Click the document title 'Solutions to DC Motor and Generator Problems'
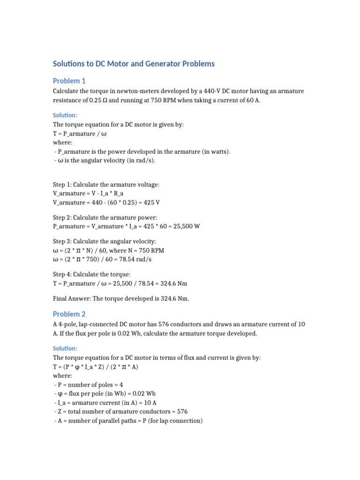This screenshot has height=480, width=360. [x=134, y=63]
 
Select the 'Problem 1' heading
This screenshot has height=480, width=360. [x=69, y=81]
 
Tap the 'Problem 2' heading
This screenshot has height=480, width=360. [x=69, y=314]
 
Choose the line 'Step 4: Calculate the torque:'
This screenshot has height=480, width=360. [x=91, y=274]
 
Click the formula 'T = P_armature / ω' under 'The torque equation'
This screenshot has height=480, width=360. [x=77, y=134]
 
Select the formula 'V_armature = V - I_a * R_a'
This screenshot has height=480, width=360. [x=89, y=193]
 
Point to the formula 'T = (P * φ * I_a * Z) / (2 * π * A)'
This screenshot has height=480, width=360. [x=96, y=367]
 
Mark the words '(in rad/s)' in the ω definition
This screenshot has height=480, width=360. [x=139, y=161]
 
